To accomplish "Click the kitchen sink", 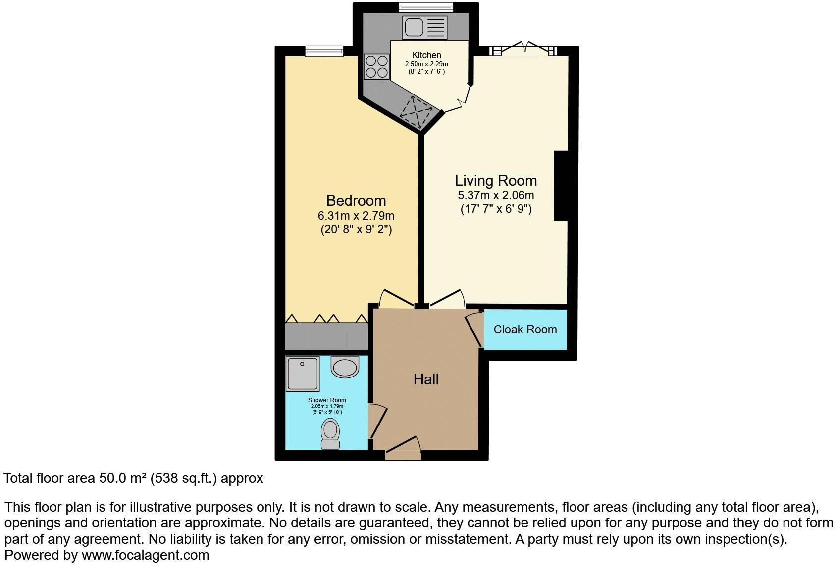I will click(425, 27).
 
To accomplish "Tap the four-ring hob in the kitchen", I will click(376, 67).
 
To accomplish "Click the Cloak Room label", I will click(525, 330).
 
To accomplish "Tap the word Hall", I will click(426, 379).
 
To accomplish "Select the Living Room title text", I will click(496, 181).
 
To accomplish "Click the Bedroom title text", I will click(356, 201).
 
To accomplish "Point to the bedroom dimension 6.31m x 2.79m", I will click(356, 216).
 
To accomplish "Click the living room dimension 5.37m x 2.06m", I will click(496, 195).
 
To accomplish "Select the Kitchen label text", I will click(426, 55).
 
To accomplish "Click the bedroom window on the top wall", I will click(324, 50).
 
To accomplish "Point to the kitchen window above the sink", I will click(426, 7).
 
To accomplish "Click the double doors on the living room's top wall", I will click(524, 49).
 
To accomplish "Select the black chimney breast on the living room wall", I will click(560, 186).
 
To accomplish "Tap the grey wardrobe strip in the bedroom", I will click(326, 336).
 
